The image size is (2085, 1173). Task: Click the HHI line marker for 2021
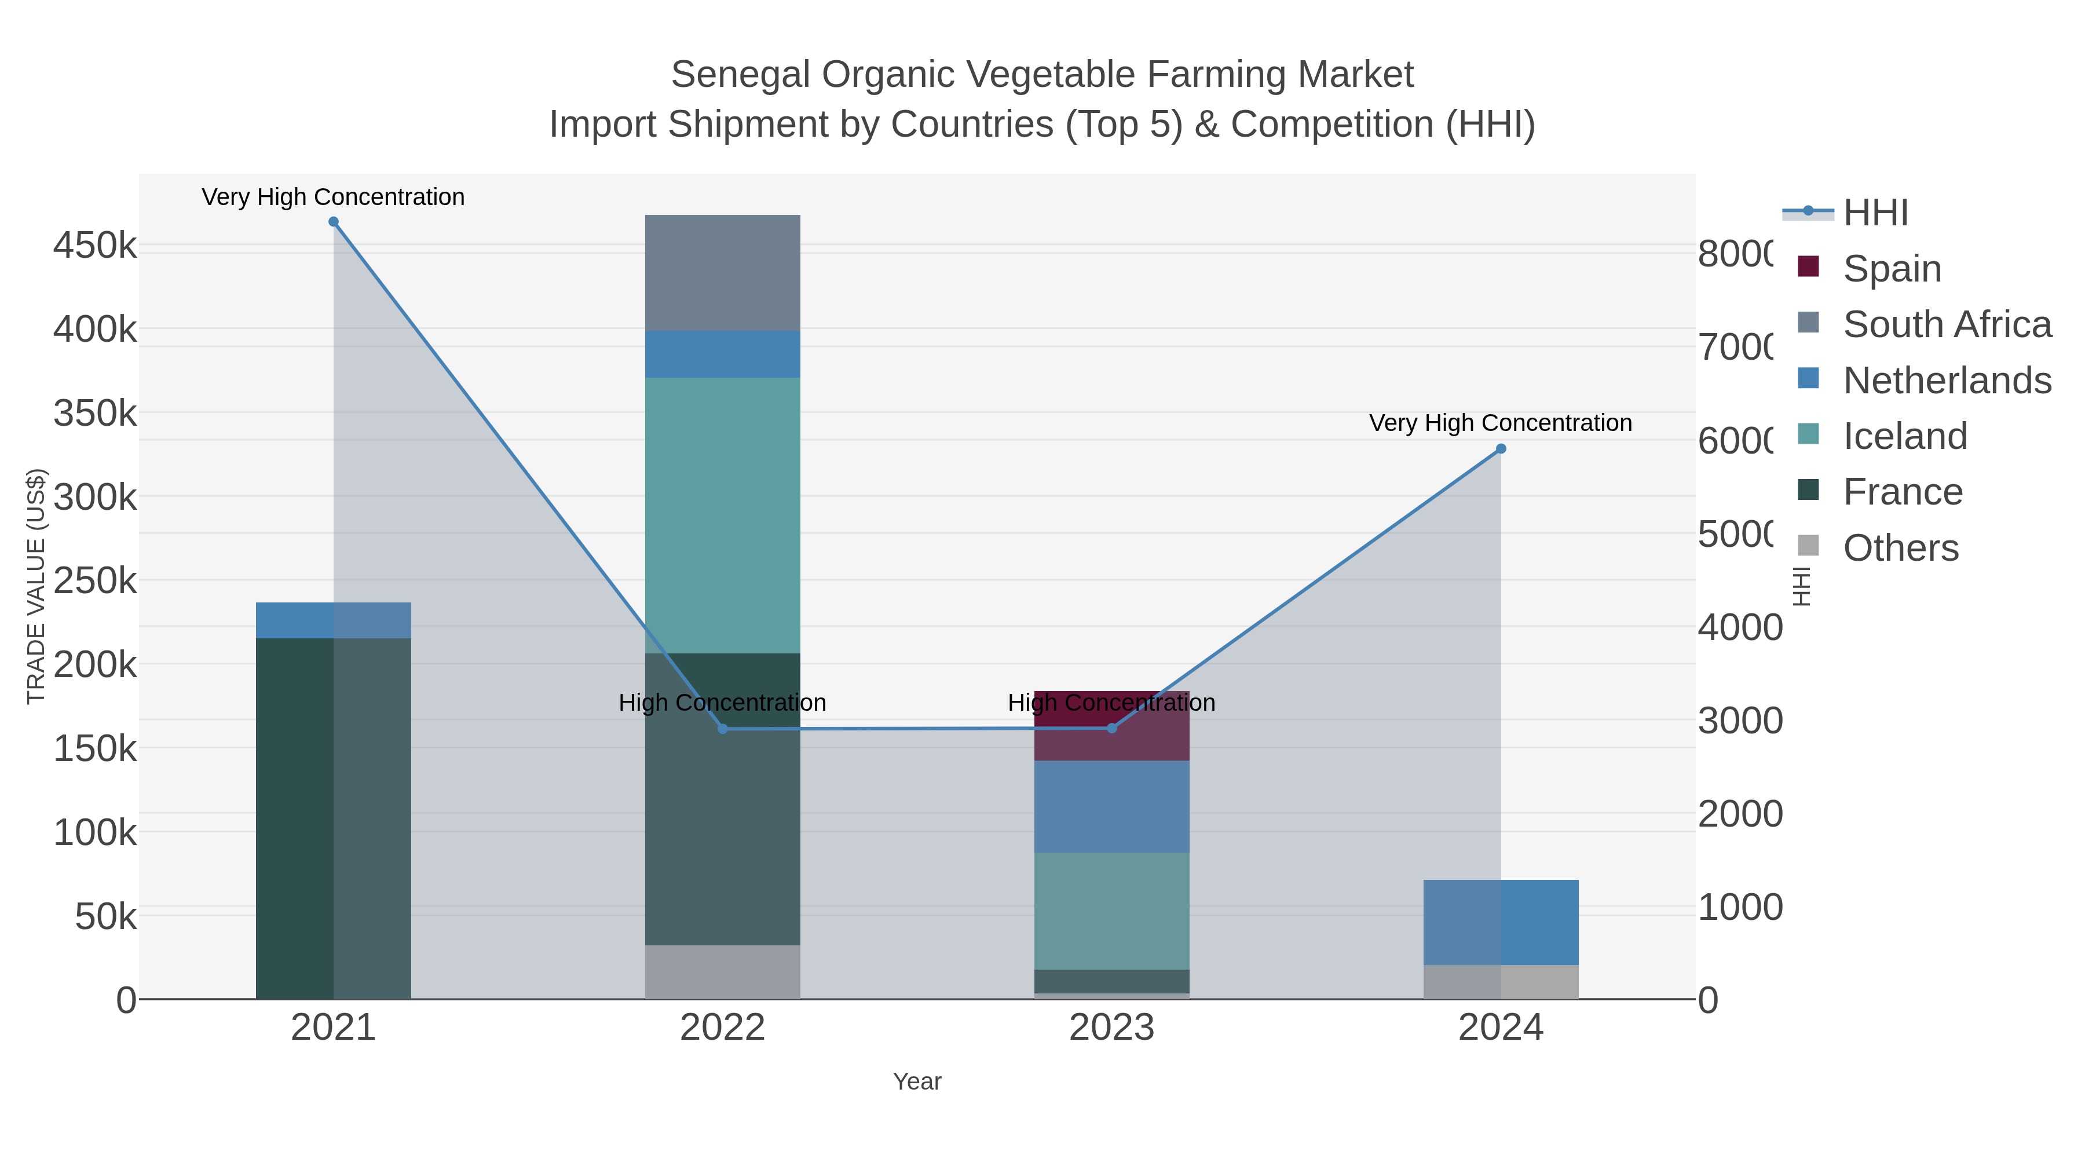(334, 222)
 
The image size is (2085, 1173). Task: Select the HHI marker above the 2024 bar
(1501, 448)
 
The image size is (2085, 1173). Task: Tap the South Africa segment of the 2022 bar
(722, 273)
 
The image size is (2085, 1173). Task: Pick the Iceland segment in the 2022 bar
(722, 515)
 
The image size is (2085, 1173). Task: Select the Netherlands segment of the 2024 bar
(1501, 922)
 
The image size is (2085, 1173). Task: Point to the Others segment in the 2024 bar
(1501, 982)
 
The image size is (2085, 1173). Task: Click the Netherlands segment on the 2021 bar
(334, 620)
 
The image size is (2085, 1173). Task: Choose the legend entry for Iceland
(1904, 436)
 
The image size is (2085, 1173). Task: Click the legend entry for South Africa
(1947, 324)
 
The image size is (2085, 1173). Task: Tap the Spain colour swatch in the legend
(1808, 266)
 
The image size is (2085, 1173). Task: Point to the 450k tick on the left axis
(95, 245)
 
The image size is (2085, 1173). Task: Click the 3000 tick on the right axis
(1739, 721)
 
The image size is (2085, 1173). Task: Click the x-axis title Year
(917, 1081)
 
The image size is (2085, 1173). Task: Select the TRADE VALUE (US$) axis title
(35, 586)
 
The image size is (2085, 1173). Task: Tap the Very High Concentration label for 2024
(1500, 423)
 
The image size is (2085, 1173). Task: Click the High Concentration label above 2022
(722, 703)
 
